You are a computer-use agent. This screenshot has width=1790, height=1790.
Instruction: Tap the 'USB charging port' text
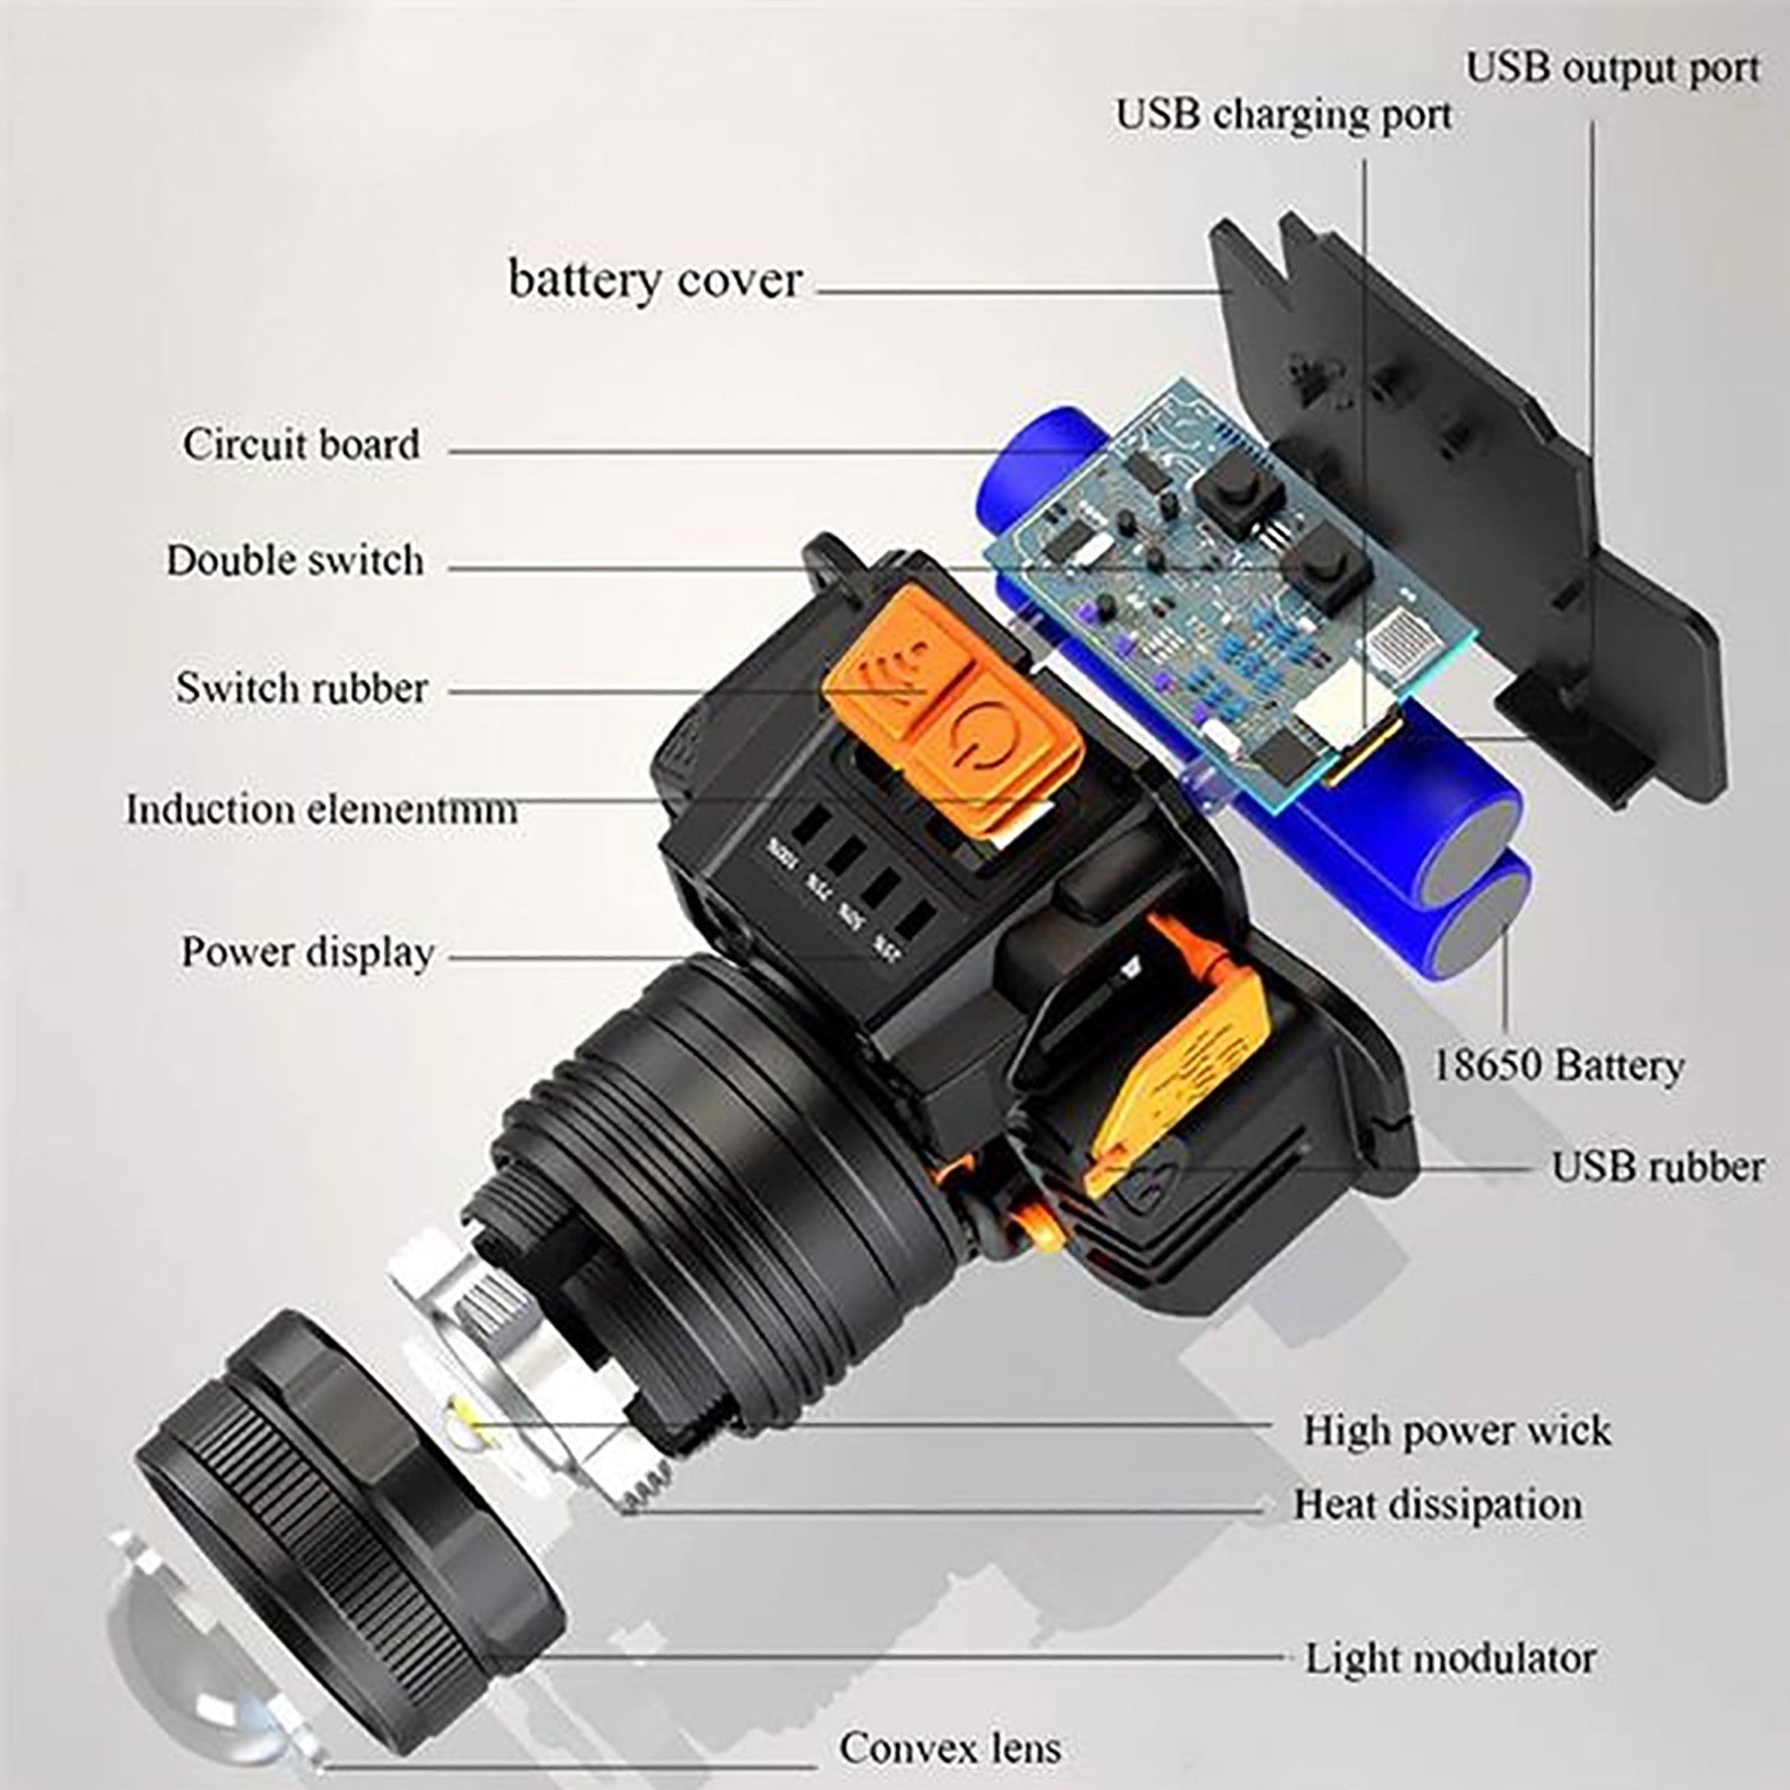point(1284,114)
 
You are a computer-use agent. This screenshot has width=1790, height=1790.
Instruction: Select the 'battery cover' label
point(654,279)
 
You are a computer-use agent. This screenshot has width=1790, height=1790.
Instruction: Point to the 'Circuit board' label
point(301,445)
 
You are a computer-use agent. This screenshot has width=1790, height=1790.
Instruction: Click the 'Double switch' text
point(294,561)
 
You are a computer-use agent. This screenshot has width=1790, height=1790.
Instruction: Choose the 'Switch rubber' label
point(301,688)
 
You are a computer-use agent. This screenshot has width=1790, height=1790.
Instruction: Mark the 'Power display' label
point(307,953)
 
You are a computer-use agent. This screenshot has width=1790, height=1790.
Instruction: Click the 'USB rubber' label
point(1658,1167)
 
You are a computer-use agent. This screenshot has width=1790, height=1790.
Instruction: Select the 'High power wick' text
point(1457,1430)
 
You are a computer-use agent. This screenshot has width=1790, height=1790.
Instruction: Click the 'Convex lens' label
point(950,1746)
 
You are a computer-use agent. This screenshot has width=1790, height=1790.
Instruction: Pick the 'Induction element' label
point(320,809)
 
